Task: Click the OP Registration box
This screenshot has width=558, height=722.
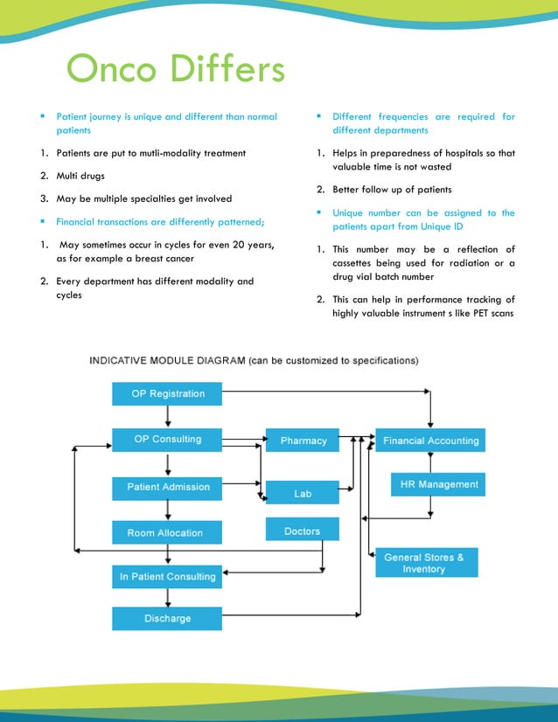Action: click(x=167, y=394)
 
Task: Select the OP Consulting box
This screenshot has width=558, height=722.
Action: click(x=167, y=440)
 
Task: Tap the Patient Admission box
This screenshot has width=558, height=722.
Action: click(x=167, y=487)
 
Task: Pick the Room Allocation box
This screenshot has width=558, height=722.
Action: click(x=167, y=532)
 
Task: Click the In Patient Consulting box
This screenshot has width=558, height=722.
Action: click(x=167, y=577)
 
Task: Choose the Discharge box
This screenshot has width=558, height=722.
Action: click(x=167, y=619)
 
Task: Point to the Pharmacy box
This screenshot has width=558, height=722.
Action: click(x=303, y=441)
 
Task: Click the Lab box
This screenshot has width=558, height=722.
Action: click(x=303, y=493)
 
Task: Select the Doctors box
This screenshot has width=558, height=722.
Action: click(x=303, y=531)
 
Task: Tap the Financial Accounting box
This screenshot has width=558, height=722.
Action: click(x=430, y=441)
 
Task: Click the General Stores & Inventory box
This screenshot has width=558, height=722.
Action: click(x=427, y=563)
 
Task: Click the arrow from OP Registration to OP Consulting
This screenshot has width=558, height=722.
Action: click(x=167, y=417)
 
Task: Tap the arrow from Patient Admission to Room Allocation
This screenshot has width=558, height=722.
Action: click(x=167, y=510)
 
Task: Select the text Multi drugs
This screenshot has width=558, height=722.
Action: click(x=80, y=176)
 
